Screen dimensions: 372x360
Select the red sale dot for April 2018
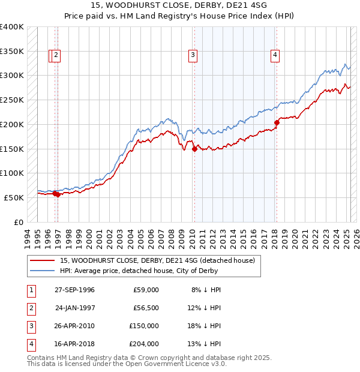277,123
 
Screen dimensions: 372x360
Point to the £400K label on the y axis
12,27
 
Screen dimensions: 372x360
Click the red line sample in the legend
43,260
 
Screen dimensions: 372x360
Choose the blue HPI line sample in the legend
43,271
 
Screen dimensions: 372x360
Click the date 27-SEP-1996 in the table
74,290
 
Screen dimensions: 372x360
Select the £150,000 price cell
144,326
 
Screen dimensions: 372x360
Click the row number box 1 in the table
31,290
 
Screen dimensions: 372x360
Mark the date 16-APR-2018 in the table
74,344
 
